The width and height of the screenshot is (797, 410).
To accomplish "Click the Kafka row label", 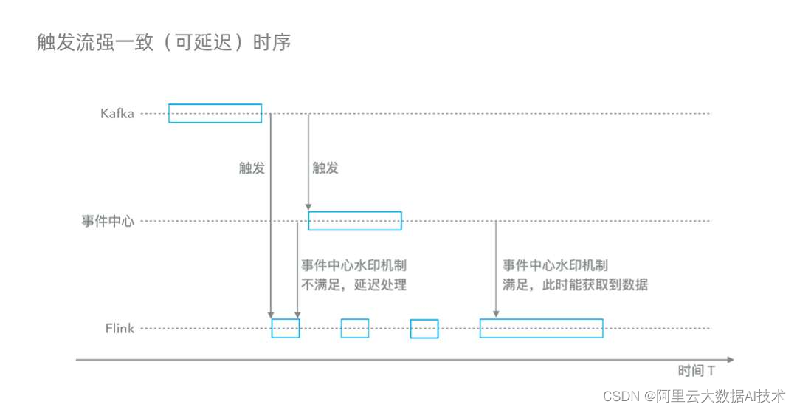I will (117, 114).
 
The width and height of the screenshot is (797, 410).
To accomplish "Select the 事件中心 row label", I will (108, 221).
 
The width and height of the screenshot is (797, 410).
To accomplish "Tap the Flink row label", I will (120, 328).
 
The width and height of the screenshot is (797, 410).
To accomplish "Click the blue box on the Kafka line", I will (215, 113).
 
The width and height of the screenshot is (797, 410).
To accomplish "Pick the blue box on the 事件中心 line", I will (354, 220).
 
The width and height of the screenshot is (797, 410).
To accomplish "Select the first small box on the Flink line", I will (286, 328).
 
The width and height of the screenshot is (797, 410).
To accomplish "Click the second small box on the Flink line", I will (354, 328).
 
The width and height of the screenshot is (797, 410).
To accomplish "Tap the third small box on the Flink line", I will (424, 328).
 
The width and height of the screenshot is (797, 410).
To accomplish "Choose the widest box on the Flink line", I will (541, 328).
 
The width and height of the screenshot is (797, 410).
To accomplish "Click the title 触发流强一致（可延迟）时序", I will (164, 42).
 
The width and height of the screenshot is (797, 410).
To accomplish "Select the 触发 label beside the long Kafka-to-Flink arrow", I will (252, 168).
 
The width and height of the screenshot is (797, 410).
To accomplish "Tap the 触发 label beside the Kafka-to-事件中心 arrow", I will (325, 168).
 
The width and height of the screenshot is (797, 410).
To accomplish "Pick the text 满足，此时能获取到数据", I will (575, 284).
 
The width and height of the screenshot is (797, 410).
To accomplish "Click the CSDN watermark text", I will (694, 396).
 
